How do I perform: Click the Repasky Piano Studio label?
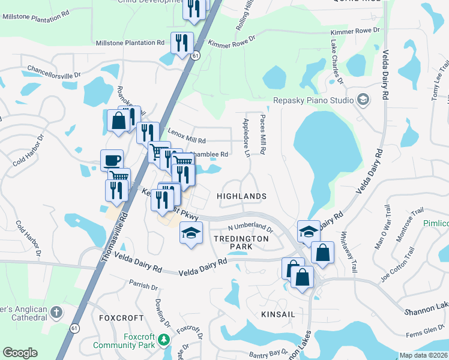(313, 100)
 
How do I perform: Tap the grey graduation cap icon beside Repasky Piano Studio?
(363, 99)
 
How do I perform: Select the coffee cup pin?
(112, 160)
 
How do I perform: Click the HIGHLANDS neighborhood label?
(241, 196)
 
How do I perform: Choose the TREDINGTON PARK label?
(241, 242)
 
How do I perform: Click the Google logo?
(20, 353)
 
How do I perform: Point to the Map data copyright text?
(424, 355)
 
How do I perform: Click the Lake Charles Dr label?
(336, 62)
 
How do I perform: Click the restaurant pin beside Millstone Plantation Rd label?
(182, 43)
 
